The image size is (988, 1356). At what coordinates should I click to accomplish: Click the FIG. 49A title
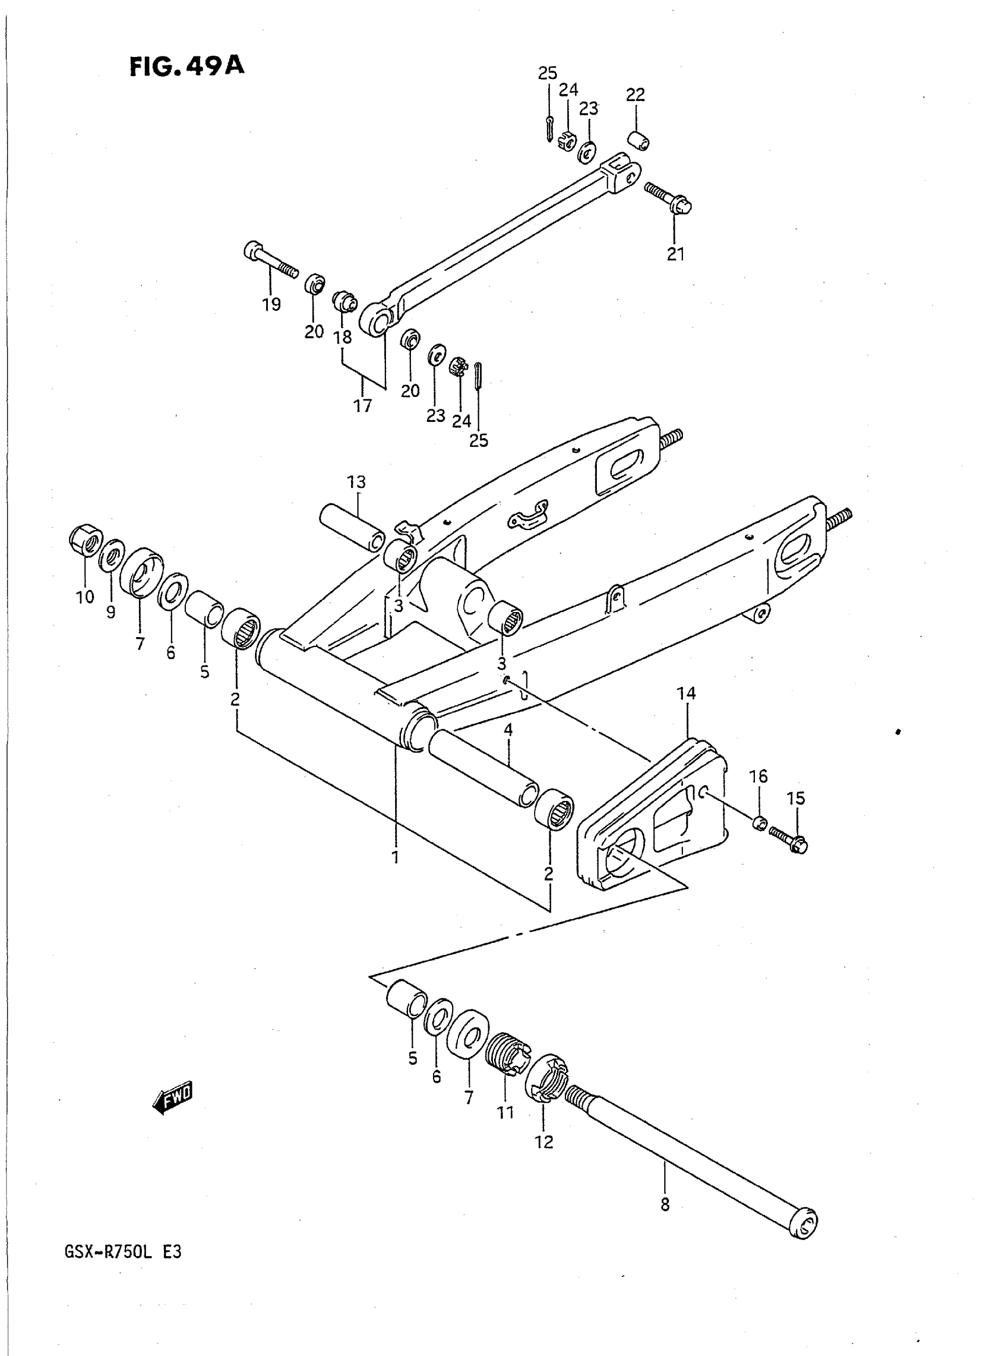coord(187,66)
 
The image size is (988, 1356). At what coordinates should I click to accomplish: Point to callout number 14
coord(686,694)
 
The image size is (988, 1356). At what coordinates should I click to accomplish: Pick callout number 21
coord(675,254)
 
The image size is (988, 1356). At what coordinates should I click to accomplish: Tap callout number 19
coord(271,305)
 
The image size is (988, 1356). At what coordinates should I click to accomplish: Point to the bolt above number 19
coord(270,260)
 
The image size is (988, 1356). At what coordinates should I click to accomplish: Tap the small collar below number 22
coord(639,141)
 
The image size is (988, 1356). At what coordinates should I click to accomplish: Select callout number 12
coord(543,1142)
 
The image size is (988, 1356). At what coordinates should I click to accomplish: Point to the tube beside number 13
coord(352,527)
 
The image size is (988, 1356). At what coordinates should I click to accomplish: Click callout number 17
coord(363,406)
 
